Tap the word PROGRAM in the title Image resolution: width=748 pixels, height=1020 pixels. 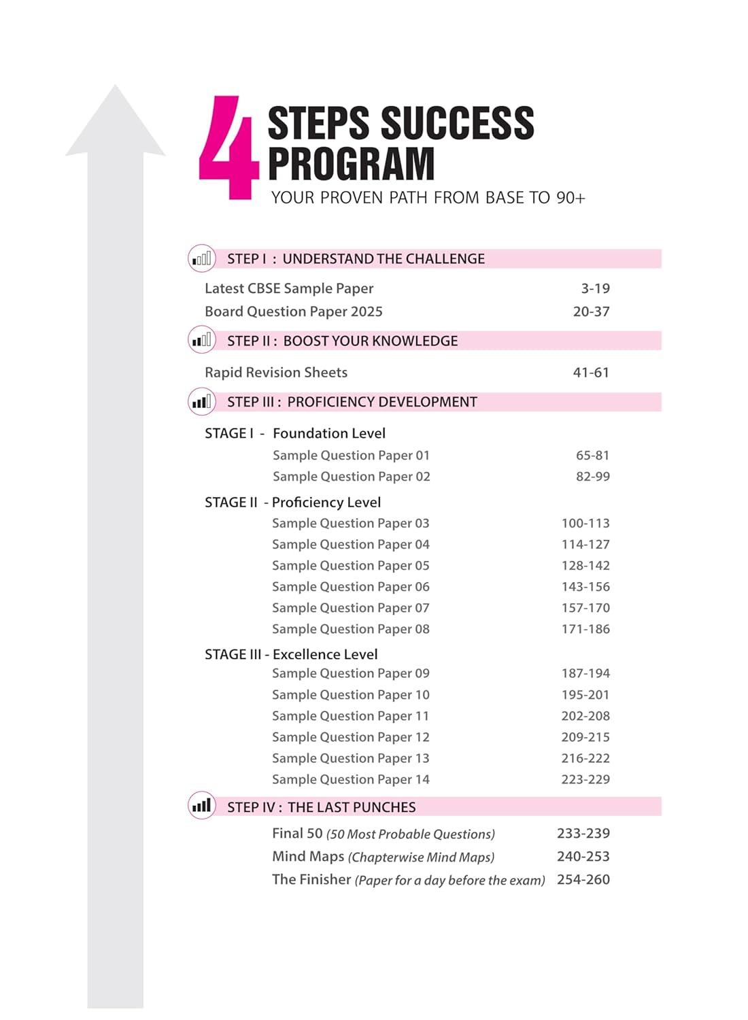coord(351,164)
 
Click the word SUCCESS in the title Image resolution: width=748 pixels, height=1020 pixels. coord(458,123)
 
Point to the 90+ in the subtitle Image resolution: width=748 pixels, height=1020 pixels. coord(571,198)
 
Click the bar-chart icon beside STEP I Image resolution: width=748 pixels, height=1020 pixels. coord(201,258)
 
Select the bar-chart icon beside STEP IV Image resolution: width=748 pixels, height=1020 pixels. coord(201,806)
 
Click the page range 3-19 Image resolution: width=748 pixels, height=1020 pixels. coord(595,288)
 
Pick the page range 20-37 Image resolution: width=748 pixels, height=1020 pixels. coord(591,311)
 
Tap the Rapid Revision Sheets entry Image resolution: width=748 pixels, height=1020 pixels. coord(276,373)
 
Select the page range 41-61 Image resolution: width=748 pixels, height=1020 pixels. coord(591,373)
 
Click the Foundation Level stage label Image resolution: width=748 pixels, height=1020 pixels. coord(328,433)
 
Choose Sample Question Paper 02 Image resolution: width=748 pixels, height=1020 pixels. coord(351,477)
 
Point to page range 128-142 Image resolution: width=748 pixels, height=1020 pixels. coord(585,566)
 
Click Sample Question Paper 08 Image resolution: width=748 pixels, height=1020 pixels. coord(350,629)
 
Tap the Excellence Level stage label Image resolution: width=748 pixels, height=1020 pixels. coord(324,654)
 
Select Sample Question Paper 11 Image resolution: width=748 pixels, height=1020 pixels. coord(350,716)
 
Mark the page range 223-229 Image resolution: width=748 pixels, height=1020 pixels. coord(585,779)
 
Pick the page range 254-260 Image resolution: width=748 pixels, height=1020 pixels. coord(583,880)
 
